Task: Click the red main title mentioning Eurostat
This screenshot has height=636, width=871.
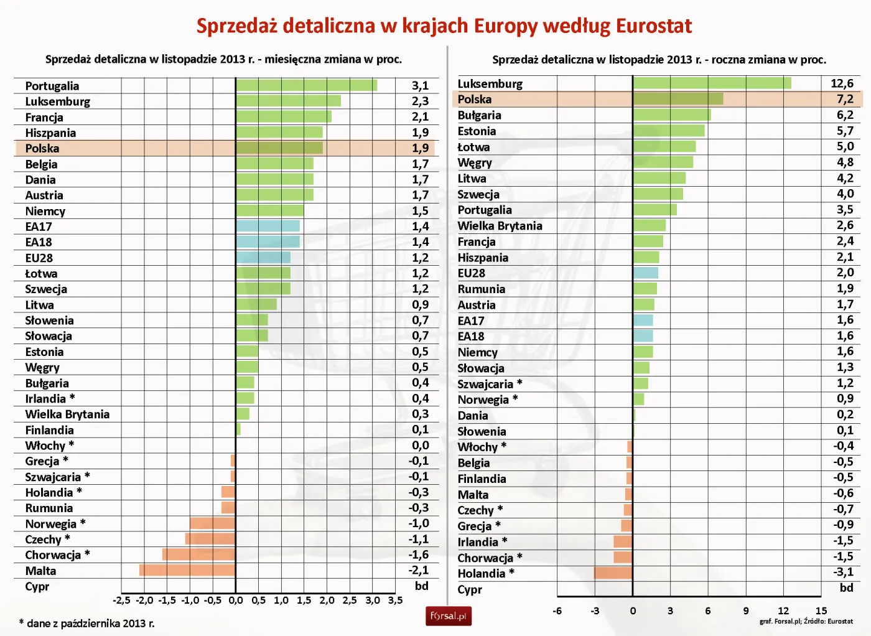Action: pyautogui.click(x=444, y=26)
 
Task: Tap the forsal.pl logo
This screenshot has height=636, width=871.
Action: pyautogui.click(x=448, y=616)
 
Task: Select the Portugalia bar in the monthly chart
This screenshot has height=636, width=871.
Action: pyautogui.click(x=306, y=85)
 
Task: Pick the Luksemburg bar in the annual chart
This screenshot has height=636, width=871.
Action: pyautogui.click(x=712, y=83)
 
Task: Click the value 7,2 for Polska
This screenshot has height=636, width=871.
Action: pyautogui.click(x=844, y=99)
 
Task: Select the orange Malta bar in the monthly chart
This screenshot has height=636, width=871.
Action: pyautogui.click(x=187, y=570)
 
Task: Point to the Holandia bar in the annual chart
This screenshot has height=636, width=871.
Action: pyautogui.click(x=613, y=573)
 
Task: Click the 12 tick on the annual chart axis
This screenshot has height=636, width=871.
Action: pyautogui.click(x=783, y=610)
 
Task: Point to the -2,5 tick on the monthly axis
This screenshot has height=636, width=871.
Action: pyautogui.click(x=121, y=601)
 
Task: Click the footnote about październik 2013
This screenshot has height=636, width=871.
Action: pyautogui.click(x=86, y=623)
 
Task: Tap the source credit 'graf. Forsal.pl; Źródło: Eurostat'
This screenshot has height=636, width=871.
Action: pyautogui.click(x=806, y=621)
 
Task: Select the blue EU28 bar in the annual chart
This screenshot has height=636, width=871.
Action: pyautogui.click(x=645, y=273)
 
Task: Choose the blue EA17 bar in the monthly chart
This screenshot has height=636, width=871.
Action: pyautogui.click(x=268, y=226)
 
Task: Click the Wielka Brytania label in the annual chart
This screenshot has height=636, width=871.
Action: pyautogui.click(x=500, y=226)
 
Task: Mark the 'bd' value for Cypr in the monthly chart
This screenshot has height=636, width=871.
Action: pyautogui.click(x=421, y=586)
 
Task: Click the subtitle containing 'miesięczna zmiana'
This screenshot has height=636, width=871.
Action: pyautogui.click(x=223, y=59)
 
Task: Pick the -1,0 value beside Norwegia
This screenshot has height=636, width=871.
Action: pyautogui.click(x=419, y=523)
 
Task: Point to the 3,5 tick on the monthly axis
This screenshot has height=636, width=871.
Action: pyautogui.click(x=395, y=601)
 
